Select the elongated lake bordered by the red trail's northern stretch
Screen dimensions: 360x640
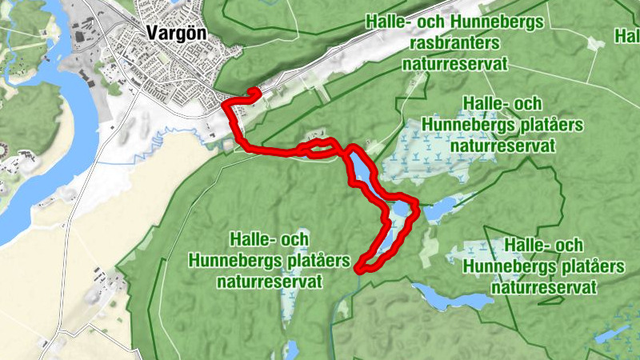click(x=359, y=168)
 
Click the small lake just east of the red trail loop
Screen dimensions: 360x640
click(x=442, y=210)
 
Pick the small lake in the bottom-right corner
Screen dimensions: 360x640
click(x=616, y=333)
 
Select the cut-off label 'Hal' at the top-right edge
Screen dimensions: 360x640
click(x=626, y=35)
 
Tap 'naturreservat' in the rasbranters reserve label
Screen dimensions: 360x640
click(x=455, y=64)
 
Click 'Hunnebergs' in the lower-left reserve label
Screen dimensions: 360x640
click(x=227, y=261)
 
